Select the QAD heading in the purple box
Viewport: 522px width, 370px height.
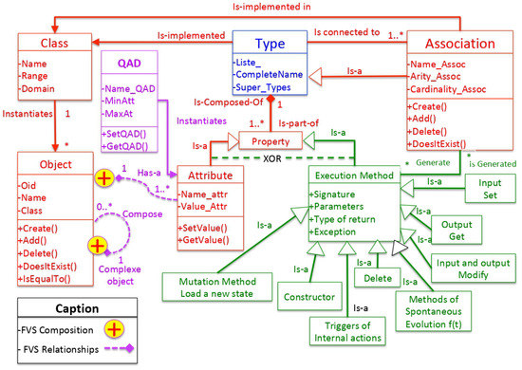pos(128,61)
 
